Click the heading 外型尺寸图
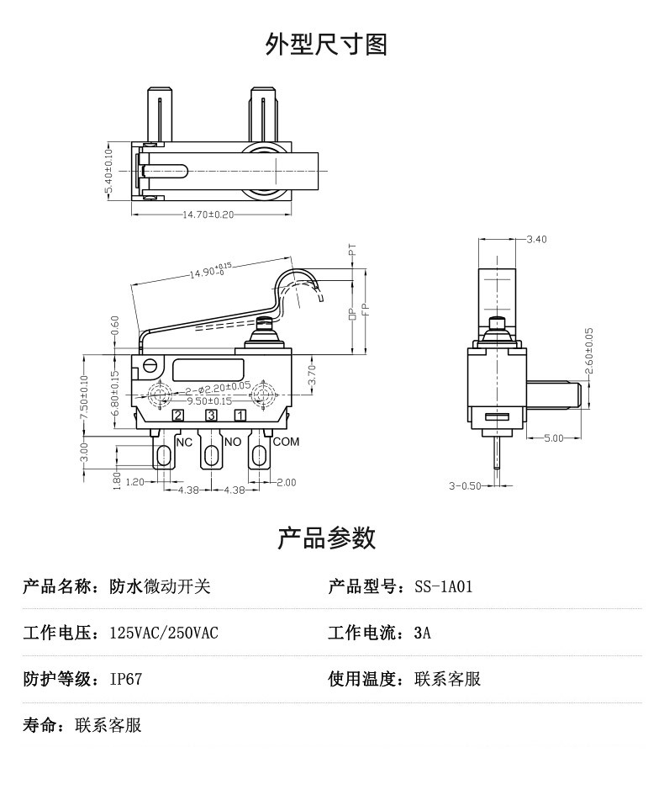pyautogui.click(x=326, y=44)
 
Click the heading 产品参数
pyautogui.click(x=326, y=538)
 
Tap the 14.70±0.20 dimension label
pyautogui.click(x=208, y=215)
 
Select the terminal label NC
pyautogui.click(x=183, y=441)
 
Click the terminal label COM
pyautogui.click(x=286, y=441)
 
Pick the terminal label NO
pyautogui.click(x=233, y=441)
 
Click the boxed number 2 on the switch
pyautogui.click(x=178, y=415)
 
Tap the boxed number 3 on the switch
pyautogui.click(x=211, y=415)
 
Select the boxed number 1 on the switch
pyautogui.click(x=240, y=415)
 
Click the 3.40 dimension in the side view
pyautogui.click(x=535, y=240)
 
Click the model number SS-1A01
pyautogui.click(x=444, y=586)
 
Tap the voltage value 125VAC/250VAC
pyautogui.click(x=164, y=633)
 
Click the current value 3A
pyautogui.click(x=423, y=633)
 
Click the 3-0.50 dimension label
pyautogui.click(x=465, y=486)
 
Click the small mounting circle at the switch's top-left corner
pyautogui.click(x=151, y=366)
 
